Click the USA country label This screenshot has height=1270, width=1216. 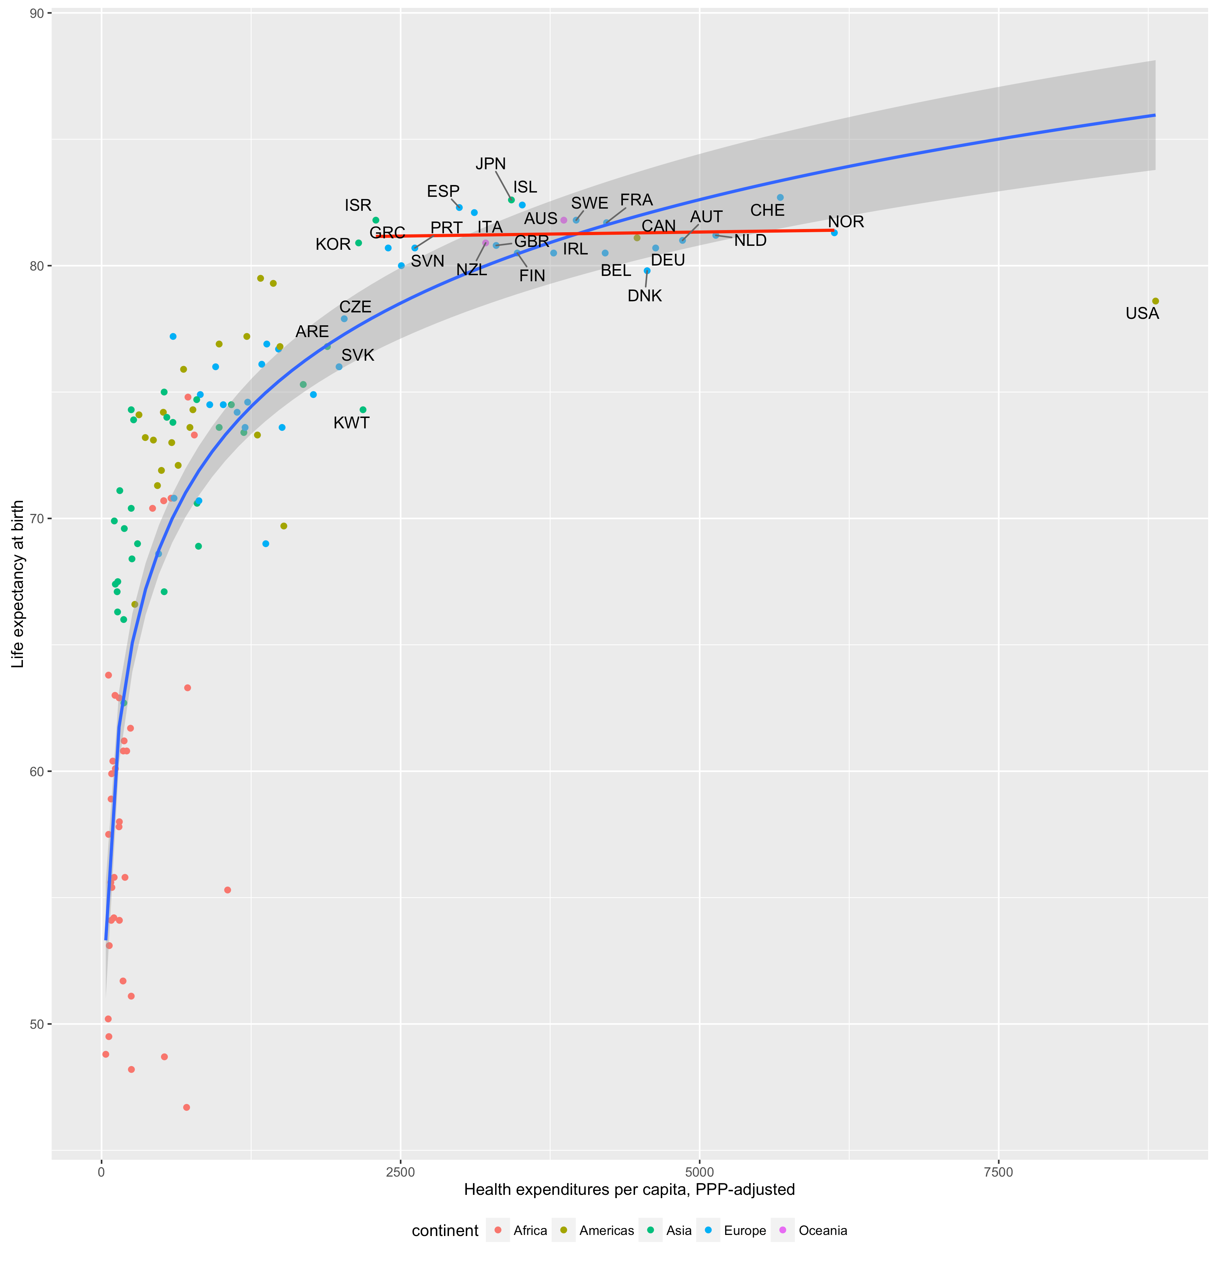click(1142, 313)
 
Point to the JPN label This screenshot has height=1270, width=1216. click(490, 164)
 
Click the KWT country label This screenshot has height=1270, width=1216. click(351, 423)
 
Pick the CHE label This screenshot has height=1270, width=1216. click(767, 210)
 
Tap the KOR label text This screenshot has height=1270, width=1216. click(333, 244)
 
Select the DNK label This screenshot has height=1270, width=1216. click(645, 296)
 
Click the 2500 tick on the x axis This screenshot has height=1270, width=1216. click(400, 1172)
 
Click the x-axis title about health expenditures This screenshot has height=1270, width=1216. click(629, 1189)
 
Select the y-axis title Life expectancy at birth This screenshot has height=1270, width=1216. click(18, 584)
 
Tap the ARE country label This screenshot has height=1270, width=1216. click(312, 332)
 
